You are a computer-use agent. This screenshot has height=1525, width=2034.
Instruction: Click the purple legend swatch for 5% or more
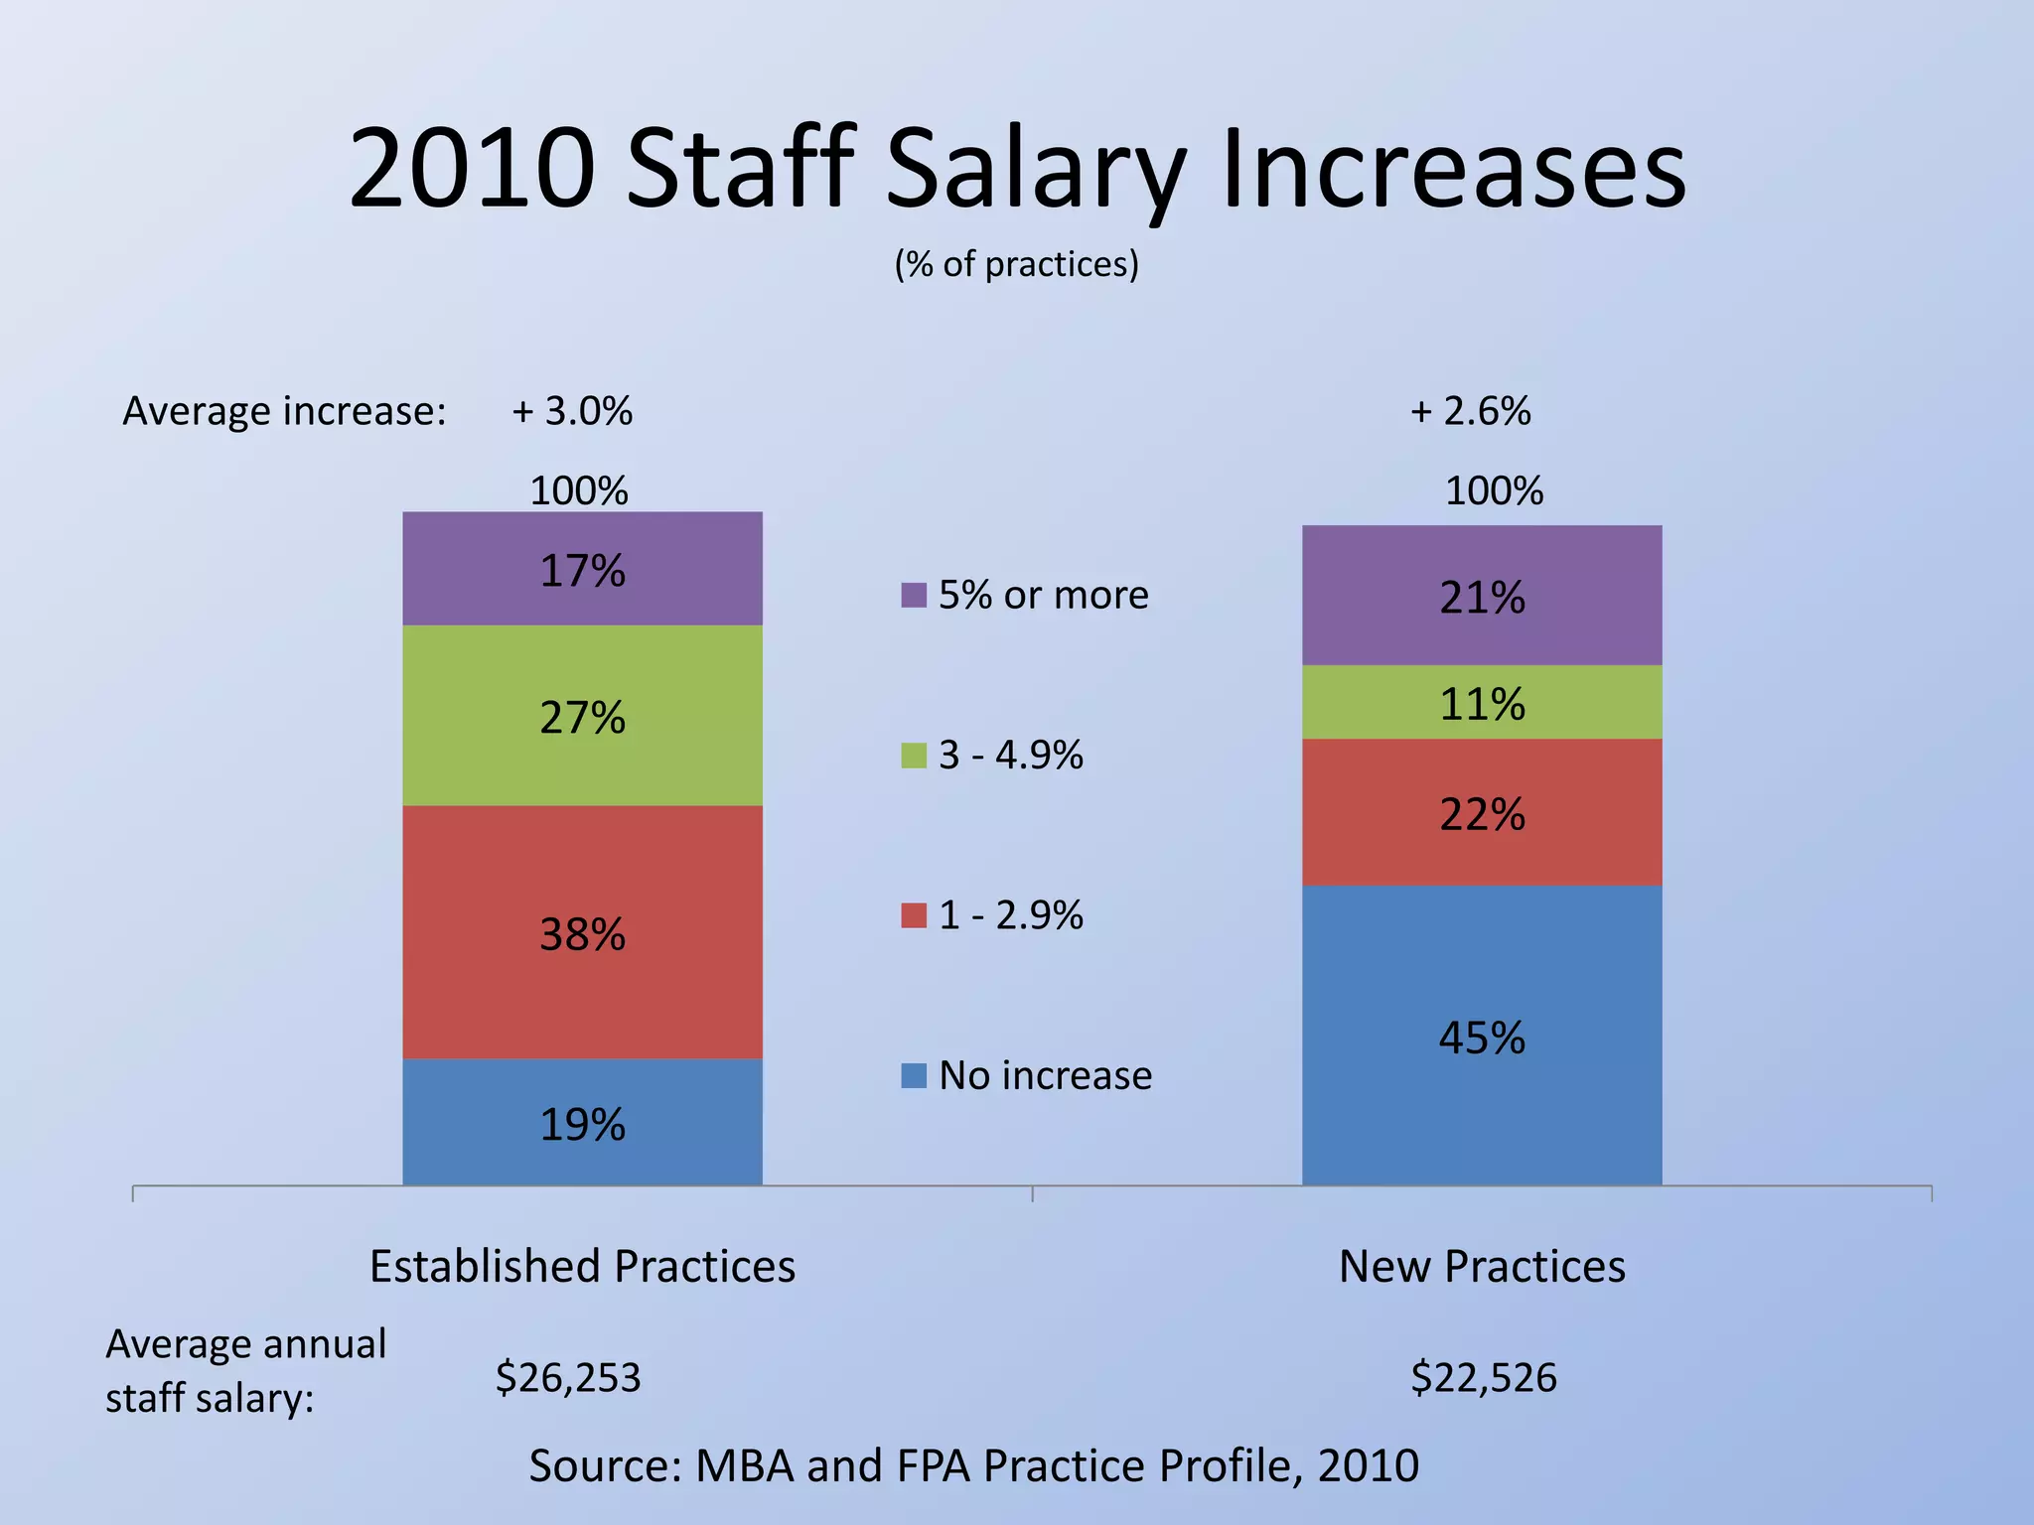click(914, 595)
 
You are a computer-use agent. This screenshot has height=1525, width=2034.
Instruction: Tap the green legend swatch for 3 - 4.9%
click(914, 756)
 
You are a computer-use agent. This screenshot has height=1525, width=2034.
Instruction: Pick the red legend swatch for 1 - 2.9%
click(914, 915)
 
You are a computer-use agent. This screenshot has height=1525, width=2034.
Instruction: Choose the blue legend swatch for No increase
click(914, 1075)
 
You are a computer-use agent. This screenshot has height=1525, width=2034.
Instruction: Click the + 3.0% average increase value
click(572, 411)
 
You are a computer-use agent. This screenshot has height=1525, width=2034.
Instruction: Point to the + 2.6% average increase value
click(1471, 411)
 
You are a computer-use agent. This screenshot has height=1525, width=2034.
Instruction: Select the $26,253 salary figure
click(568, 1378)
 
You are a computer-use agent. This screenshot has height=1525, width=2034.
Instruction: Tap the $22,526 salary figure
click(1484, 1378)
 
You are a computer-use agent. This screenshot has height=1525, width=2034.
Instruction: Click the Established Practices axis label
click(582, 1267)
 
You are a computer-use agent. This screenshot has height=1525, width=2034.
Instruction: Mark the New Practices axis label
click(1482, 1267)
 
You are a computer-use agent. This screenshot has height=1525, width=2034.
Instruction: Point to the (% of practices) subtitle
click(1017, 264)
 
